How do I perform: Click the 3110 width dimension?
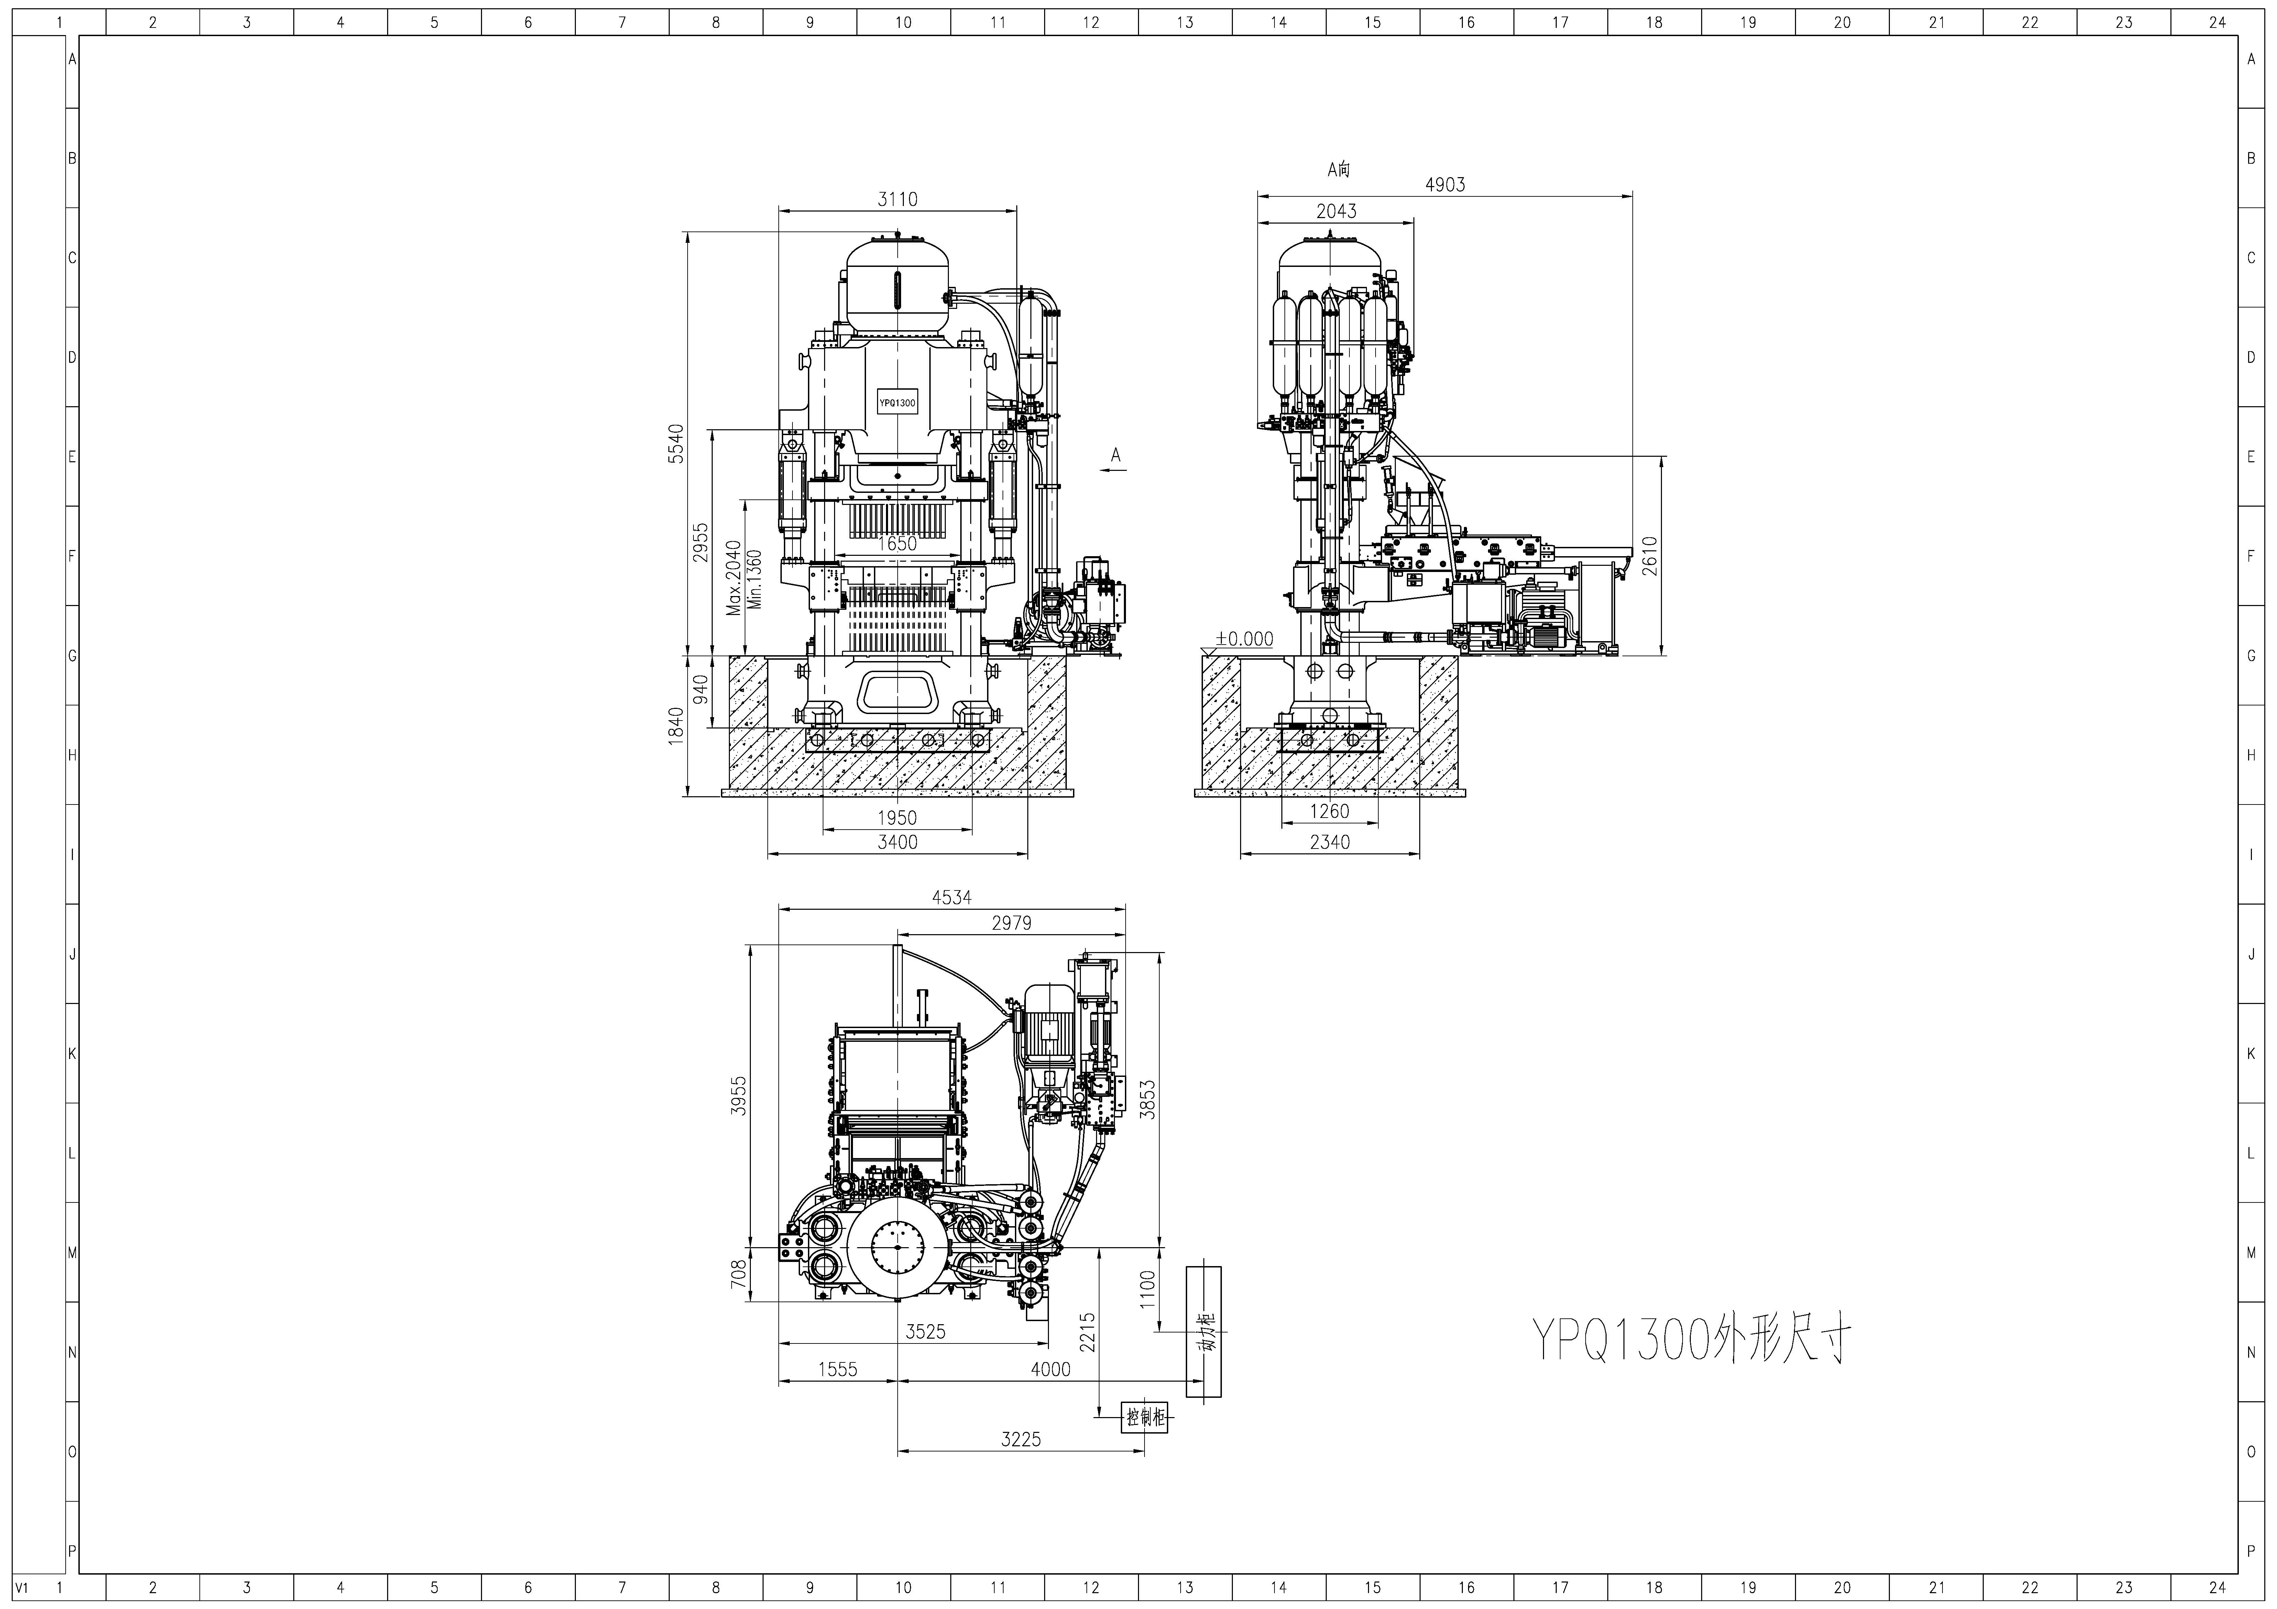[898, 199]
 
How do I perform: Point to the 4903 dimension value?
[1445, 184]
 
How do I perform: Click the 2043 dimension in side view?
[1336, 211]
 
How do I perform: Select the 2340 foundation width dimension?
[1330, 842]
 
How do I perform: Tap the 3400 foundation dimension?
[898, 842]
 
